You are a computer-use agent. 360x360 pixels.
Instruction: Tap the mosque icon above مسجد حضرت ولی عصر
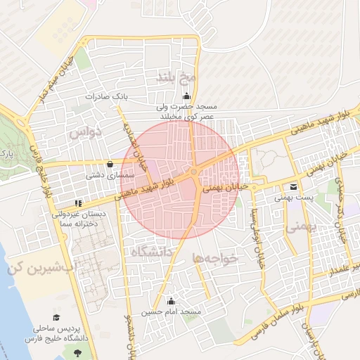click(x=186, y=97)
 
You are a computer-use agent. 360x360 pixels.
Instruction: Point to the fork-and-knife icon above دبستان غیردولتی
click(x=78, y=203)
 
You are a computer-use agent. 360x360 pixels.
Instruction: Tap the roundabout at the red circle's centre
click(x=193, y=172)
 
